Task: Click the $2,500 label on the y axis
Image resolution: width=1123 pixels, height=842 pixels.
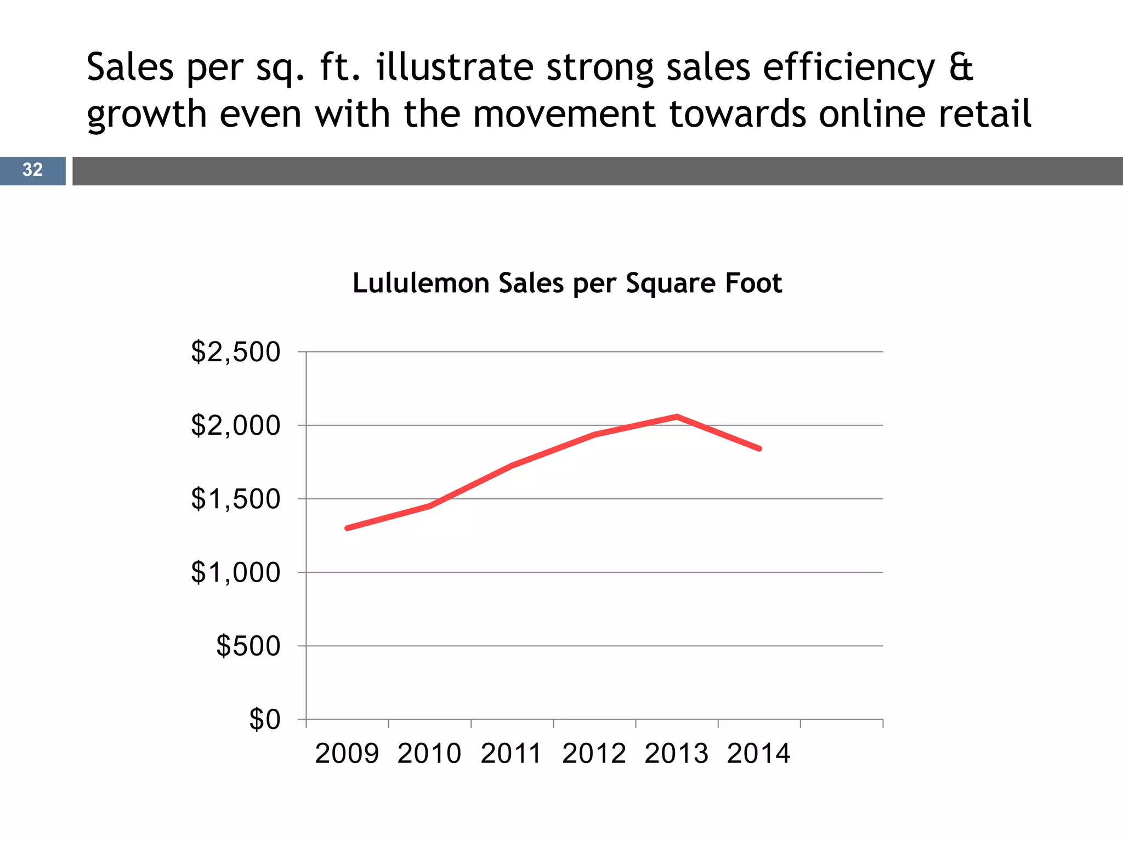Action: pos(235,352)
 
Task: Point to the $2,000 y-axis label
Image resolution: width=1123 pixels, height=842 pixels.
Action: pos(235,425)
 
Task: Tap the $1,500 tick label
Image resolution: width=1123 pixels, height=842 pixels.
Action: pos(235,499)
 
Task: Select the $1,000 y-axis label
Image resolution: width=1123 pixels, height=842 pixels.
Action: pos(235,572)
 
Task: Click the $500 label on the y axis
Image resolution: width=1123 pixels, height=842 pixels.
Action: pos(248,646)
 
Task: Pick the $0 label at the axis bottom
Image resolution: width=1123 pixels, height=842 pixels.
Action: pos(264,719)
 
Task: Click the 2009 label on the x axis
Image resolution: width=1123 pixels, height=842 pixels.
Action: pos(347,753)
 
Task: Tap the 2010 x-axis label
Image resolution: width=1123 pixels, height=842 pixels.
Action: pos(429,753)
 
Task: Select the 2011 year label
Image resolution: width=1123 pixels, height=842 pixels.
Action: pos(512,753)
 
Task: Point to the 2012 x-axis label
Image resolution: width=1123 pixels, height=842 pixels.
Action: pos(594,753)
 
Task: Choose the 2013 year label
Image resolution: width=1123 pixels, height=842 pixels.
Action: pos(677,753)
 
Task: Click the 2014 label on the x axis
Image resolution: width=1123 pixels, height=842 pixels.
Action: pos(759,753)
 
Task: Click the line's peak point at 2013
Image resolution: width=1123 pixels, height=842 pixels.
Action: pos(677,417)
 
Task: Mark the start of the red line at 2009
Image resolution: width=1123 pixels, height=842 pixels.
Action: pos(348,528)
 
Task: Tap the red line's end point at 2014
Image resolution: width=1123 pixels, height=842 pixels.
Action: pos(759,448)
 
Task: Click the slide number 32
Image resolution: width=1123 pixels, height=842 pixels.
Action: pos(32,170)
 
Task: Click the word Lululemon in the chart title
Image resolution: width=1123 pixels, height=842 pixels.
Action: pos(421,283)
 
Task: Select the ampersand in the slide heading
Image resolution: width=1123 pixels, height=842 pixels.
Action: pos(961,67)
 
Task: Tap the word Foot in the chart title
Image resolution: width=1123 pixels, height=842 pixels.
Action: pos(753,283)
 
